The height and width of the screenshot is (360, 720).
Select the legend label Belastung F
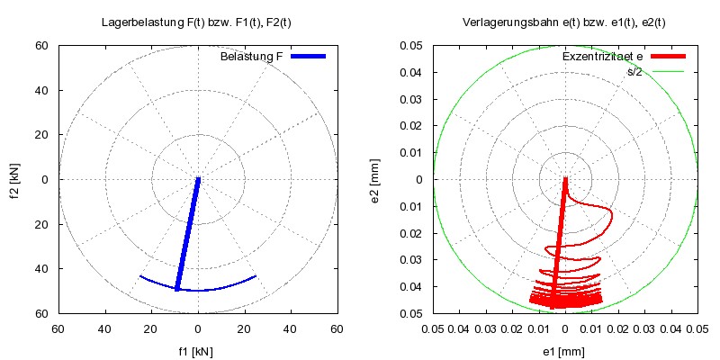252,57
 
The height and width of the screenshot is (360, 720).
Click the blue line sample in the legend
306,57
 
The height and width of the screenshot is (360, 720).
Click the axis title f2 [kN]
16,179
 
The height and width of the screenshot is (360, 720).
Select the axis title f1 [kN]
198,352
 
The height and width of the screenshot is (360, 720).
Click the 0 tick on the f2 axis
42,179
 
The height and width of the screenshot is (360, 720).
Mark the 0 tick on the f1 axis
198,330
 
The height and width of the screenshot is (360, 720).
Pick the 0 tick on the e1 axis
565,330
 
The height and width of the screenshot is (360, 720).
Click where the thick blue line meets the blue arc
177,289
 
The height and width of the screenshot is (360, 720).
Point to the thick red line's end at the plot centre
565,179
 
